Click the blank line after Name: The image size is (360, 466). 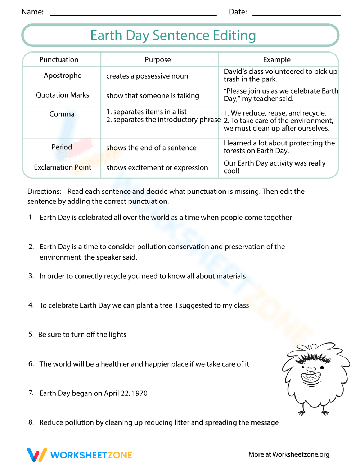pyautogui.click(x=133, y=14)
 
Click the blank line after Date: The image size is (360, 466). pyautogui.click(x=296, y=14)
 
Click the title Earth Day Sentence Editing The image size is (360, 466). pyautogui.click(x=173, y=35)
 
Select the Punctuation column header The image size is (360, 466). pyautogui.click(x=59, y=59)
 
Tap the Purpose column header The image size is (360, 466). pyautogui.click(x=158, y=59)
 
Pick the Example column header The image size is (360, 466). pyautogui.click(x=276, y=59)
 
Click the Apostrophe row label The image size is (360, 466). pyautogui.click(x=63, y=76)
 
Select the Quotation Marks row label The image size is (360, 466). pyautogui.click(x=62, y=95)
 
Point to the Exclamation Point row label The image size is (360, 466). pyautogui.click(x=62, y=167)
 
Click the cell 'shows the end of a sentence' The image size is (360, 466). pyautogui.click(x=151, y=148)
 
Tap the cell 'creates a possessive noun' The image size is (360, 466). pyautogui.click(x=147, y=76)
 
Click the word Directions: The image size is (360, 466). pyautogui.click(x=44, y=191)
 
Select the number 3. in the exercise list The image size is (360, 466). pyautogui.click(x=31, y=276)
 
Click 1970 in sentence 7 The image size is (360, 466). pyautogui.click(x=140, y=393)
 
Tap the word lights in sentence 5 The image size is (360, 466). pyautogui.click(x=118, y=335)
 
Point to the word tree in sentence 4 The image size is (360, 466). pyautogui.click(x=166, y=305)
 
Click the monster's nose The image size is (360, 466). pyautogui.click(x=311, y=369)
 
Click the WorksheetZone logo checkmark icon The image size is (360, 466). pyautogui.click(x=37, y=455)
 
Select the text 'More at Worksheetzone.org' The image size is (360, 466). pyautogui.click(x=289, y=454)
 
